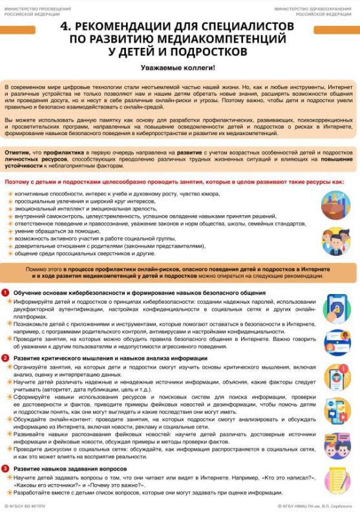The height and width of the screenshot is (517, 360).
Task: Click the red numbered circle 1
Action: (x=6, y=293)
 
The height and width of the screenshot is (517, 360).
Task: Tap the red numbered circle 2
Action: (x=6, y=357)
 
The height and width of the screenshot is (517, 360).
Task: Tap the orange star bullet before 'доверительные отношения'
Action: (x=10, y=246)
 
